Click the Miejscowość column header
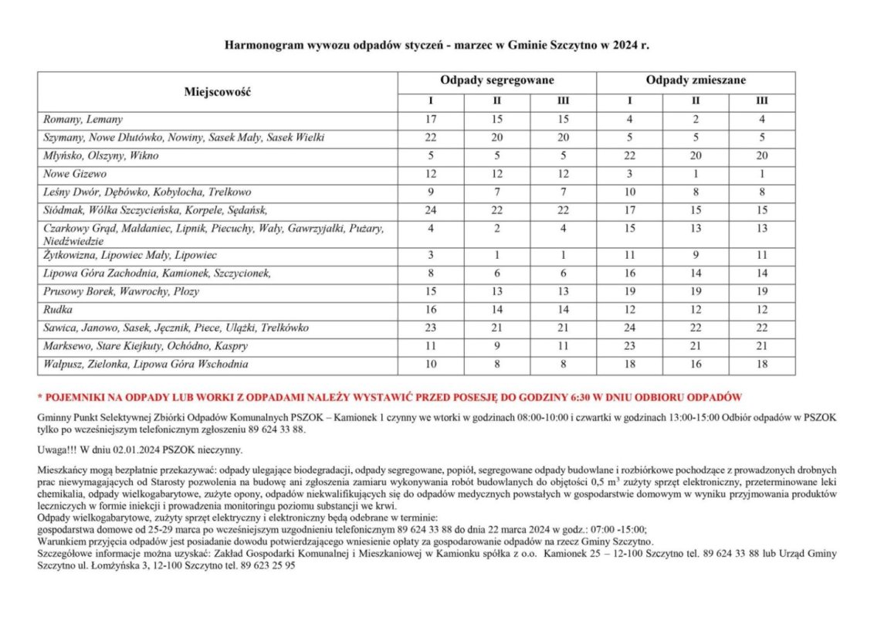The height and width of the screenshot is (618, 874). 218,92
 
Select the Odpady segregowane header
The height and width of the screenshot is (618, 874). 497,80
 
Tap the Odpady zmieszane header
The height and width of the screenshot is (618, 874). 696,80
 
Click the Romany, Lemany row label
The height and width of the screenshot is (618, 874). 83,120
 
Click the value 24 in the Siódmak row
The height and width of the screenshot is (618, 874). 431,210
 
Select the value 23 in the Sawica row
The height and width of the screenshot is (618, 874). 431,328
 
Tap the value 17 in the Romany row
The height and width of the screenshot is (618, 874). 431,120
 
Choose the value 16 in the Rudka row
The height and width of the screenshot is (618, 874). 431,310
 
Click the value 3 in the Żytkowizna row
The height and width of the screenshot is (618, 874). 431,255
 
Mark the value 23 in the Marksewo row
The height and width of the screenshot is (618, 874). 629,346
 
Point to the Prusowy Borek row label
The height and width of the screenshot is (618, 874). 121,291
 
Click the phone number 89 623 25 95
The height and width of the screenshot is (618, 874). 269,565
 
